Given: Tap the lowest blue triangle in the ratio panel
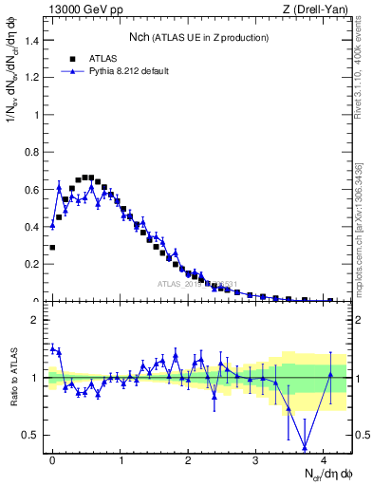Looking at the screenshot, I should point(305,447).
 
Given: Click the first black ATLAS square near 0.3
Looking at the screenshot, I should point(52,247).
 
